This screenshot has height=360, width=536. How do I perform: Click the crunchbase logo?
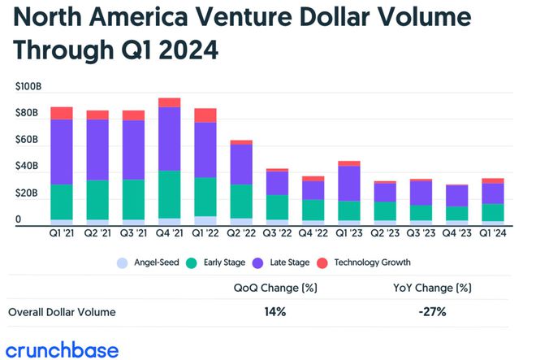point(60,350)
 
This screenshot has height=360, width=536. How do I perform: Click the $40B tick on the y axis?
point(27,167)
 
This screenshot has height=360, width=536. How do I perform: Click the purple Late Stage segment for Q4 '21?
point(170,138)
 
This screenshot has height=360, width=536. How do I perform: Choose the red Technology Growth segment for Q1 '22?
point(205,115)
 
